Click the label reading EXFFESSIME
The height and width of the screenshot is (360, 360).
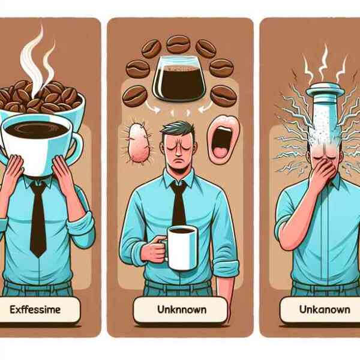(35, 310)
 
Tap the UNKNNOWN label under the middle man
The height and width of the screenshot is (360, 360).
(182, 310)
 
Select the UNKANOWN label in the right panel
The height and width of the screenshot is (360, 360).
(325, 310)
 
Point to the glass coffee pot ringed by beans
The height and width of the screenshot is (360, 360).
(179, 78)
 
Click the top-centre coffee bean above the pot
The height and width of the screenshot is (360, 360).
(178, 44)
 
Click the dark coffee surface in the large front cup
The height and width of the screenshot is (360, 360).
(37, 130)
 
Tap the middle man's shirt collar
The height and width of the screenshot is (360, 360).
(178, 178)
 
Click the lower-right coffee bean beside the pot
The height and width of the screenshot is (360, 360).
(224, 96)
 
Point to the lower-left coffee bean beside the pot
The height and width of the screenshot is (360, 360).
(135, 96)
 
